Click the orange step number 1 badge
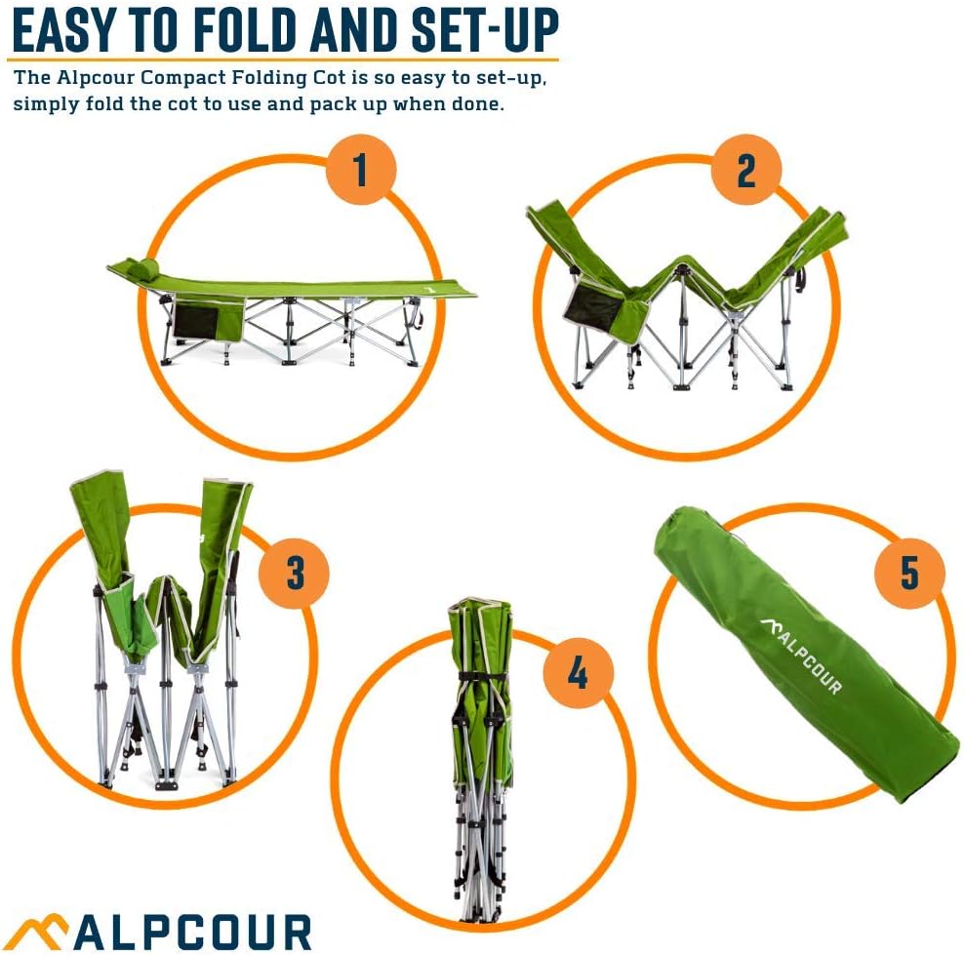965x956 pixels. tap(361, 170)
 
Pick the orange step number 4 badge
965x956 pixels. tap(578, 671)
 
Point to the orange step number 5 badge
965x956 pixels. tap(909, 574)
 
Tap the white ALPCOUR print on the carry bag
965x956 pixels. tap(800, 654)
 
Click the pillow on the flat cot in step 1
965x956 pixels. tap(140, 267)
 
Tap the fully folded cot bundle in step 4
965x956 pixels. tap(479, 761)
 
